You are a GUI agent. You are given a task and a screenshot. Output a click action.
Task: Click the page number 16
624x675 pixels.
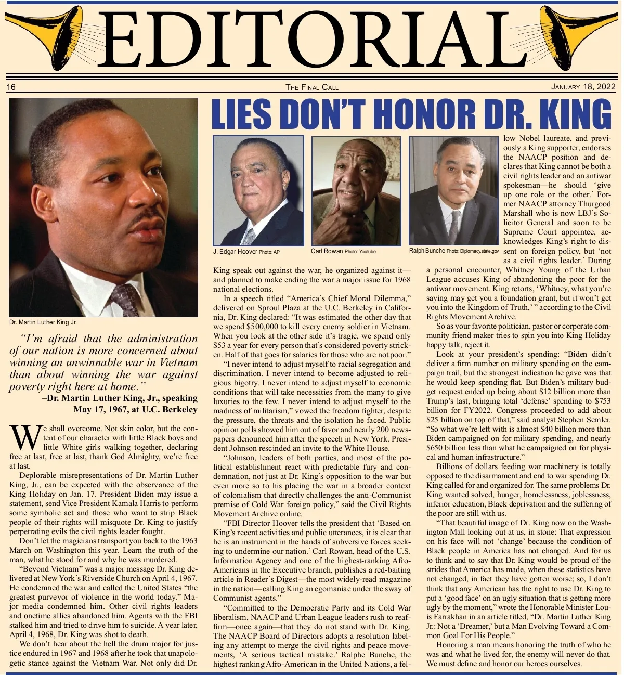point(11,87)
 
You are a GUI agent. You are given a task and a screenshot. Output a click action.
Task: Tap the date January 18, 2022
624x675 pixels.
point(583,87)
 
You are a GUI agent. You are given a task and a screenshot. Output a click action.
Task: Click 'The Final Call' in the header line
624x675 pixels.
point(312,87)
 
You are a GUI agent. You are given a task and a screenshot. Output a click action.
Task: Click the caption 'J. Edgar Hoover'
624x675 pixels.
point(235,252)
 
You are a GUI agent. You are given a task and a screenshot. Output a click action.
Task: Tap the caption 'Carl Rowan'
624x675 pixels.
point(327,251)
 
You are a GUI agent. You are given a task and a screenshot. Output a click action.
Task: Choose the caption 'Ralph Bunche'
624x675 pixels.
point(427,251)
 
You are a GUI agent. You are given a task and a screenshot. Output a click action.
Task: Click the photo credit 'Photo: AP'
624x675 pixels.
point(269,252)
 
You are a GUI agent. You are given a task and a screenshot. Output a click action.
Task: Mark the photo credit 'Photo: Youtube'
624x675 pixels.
point(360,252)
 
